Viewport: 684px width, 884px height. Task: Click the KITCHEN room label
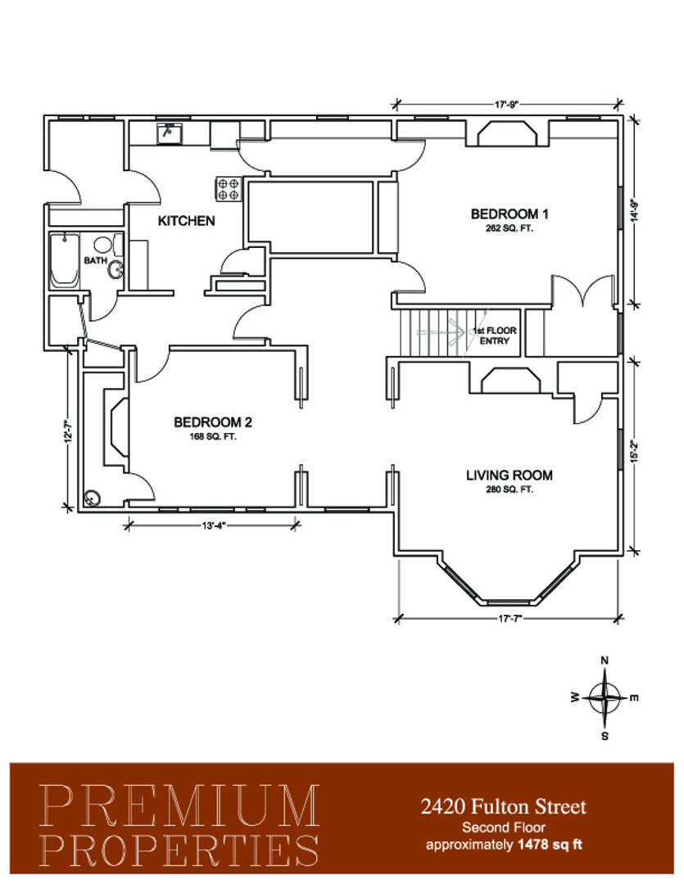[186, 220]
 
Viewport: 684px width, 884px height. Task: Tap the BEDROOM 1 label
[509, 214]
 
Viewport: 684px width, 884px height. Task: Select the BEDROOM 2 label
[213, 422]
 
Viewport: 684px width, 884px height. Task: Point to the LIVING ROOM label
[509, 476]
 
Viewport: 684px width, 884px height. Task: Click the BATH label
[95, 260]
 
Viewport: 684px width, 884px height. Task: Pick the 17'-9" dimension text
[506, 104]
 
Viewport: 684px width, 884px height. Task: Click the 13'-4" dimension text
[213, 526]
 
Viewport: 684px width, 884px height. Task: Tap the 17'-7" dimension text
[510, 619]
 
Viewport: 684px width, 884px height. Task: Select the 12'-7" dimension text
[69, 431]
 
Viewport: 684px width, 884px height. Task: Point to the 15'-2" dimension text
[635, 451]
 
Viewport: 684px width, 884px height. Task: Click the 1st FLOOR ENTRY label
[495, 336]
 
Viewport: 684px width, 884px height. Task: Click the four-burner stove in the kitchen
[228, 189]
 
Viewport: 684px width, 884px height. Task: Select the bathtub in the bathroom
[64, 260]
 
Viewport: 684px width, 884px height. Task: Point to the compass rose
[605, 698]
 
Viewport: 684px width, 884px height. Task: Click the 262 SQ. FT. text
[509, 229]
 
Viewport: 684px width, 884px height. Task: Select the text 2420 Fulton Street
[504, 807]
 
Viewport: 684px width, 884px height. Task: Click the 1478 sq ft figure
[550, 845]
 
